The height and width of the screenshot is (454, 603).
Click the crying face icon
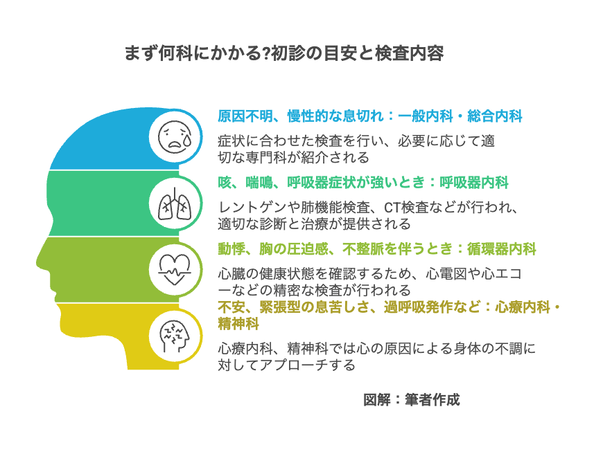pos(175,137)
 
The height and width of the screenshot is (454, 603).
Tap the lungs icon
pos(175,203)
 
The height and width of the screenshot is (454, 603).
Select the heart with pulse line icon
pos(175,270)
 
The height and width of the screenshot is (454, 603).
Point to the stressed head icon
pos(175,336)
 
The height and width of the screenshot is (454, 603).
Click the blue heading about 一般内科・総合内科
pos(370,116)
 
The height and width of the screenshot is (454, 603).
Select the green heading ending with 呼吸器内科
pos(363,183)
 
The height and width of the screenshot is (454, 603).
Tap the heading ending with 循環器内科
pos(377,249)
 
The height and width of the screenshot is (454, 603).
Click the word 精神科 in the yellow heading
pos(238,323)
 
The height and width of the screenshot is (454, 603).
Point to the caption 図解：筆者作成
pos(412,400)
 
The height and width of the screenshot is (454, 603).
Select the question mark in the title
pos(266,53)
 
